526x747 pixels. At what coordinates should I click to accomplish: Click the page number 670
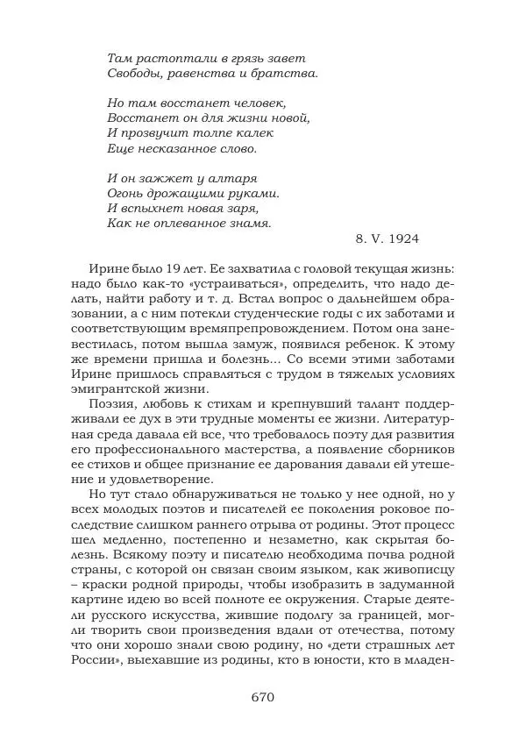(263, 698)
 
